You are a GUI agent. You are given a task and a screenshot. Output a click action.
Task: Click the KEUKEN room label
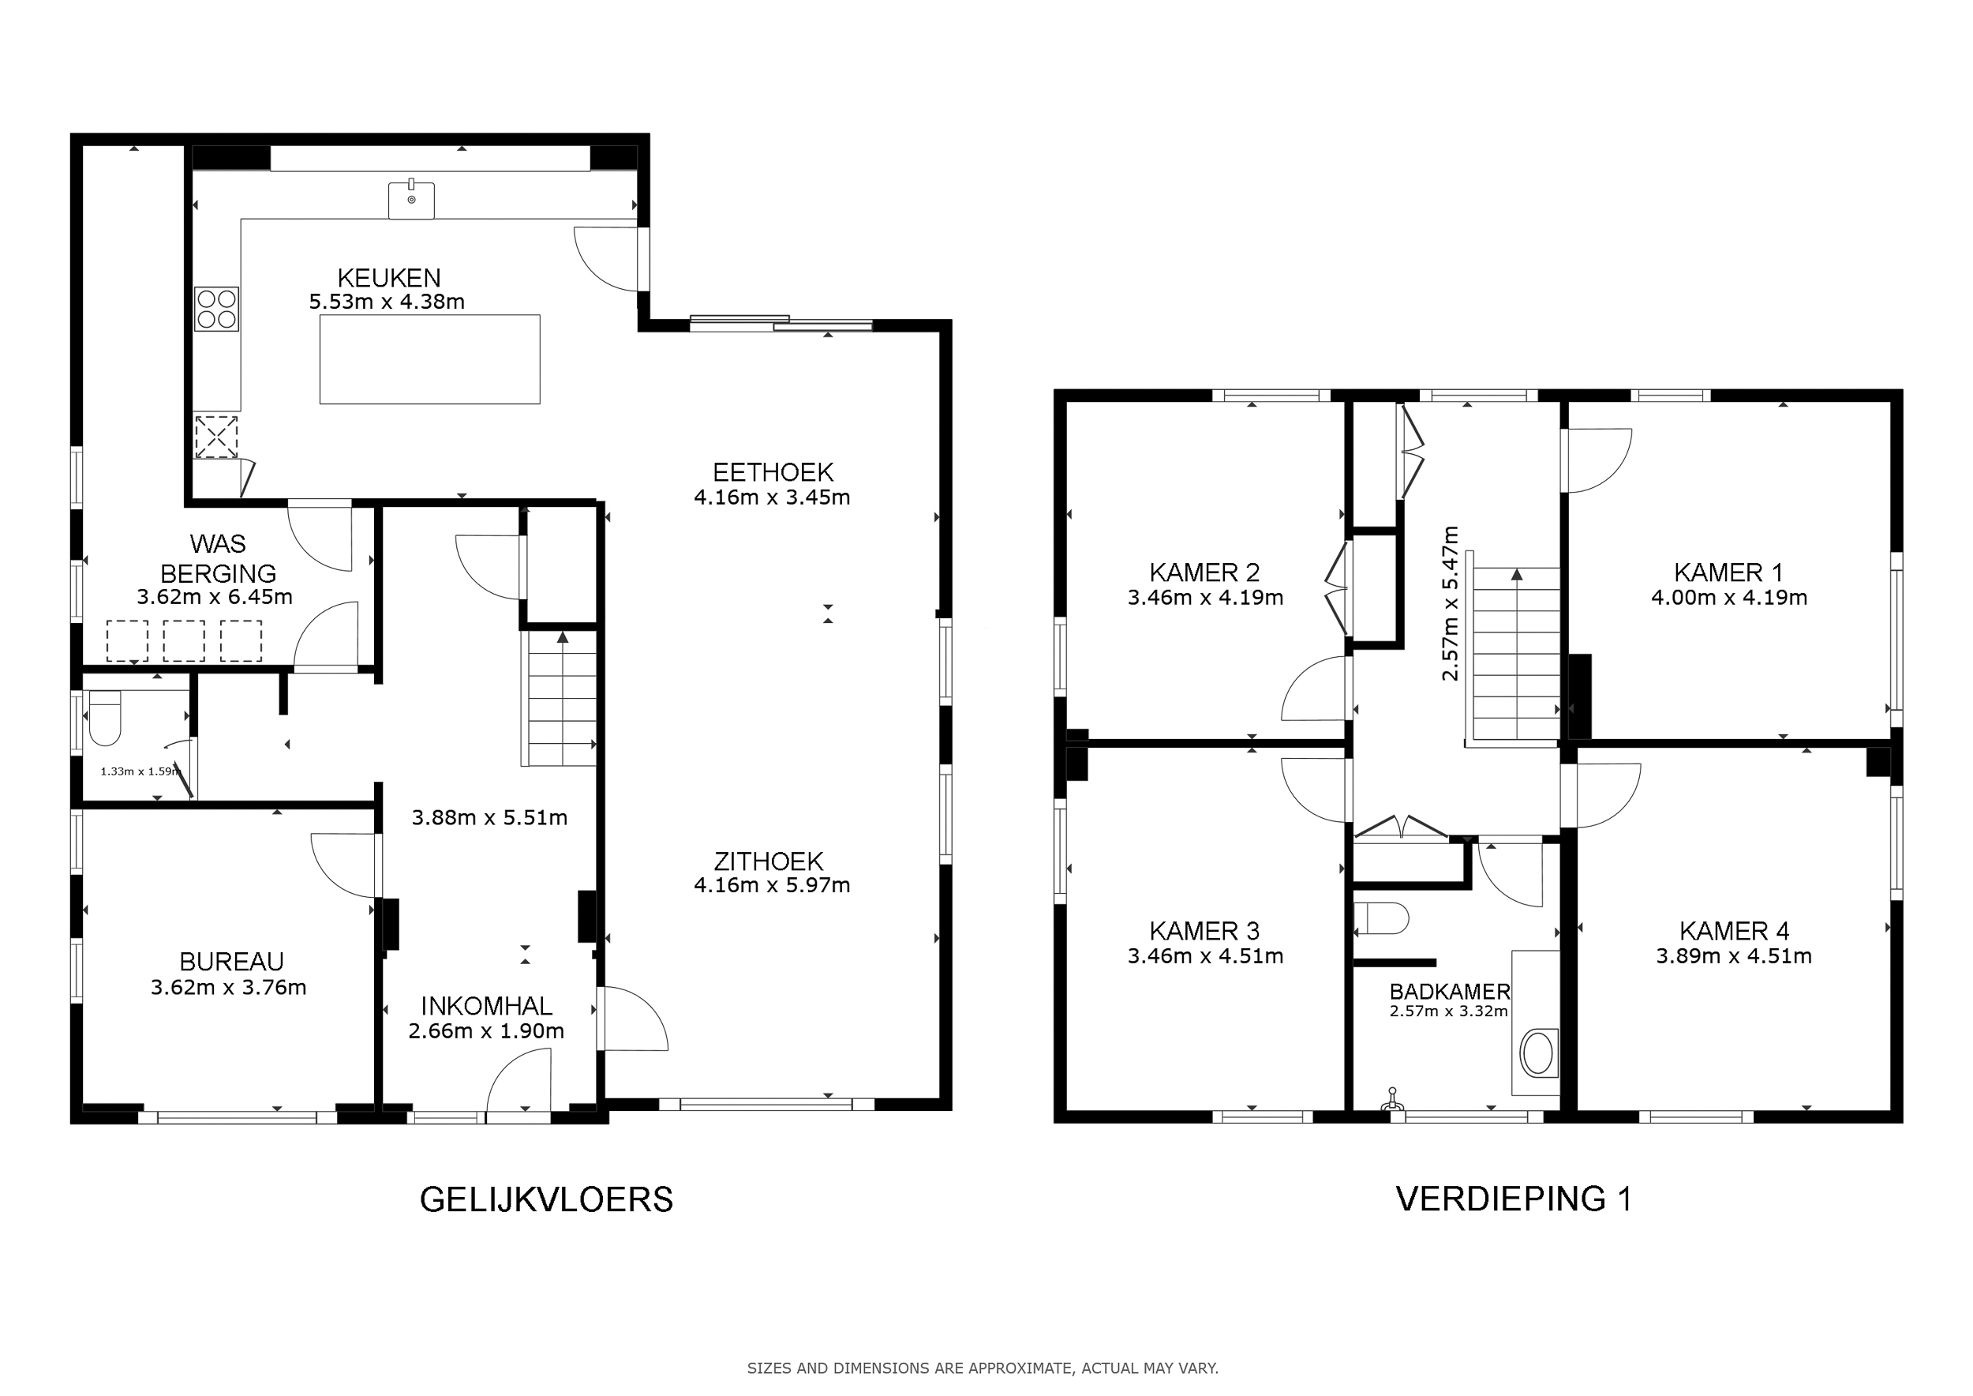point(388,278)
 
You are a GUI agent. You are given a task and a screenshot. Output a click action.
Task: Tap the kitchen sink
point(412,200)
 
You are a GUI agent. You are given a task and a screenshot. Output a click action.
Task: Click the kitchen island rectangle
point(429,359)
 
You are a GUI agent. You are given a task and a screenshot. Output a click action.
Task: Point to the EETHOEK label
point(773,472)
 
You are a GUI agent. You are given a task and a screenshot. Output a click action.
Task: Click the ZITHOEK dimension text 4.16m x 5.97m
point(773,885)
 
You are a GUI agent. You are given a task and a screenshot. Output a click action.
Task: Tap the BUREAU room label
point(231,961)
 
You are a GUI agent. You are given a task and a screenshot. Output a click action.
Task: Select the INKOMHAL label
point(486,1006)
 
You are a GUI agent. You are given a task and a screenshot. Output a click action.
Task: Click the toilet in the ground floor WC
point(105,719)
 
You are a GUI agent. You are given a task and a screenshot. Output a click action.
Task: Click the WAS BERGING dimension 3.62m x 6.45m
point(215,597)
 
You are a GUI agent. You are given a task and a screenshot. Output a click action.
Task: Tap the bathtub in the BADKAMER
point(1537,1053)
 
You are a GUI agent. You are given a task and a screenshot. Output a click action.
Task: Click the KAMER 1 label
point(1729,572)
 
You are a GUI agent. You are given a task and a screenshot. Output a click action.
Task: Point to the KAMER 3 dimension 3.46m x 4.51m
point(1206,956)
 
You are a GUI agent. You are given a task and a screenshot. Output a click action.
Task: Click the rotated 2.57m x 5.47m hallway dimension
point(1451,603)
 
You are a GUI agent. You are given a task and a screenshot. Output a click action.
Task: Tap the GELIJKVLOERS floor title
point(547,1199)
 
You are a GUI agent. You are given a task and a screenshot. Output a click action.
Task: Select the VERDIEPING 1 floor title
point(1514,1199)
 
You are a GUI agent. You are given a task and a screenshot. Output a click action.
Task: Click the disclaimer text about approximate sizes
point(983,1368)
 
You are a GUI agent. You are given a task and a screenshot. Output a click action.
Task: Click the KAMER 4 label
point(1734,931)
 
